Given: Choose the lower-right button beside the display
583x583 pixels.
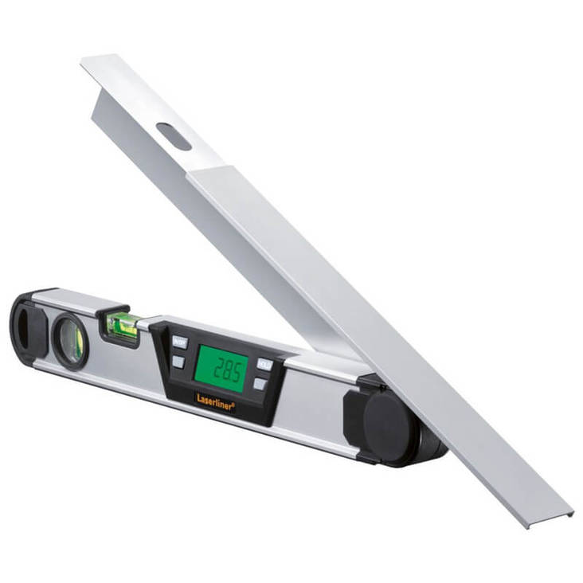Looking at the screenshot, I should pyautogui.click(x=260, y=384).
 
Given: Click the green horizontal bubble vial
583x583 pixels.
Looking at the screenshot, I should pyautogui.click(x=123, y=324).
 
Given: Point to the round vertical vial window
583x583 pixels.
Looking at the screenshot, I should pyautogui.click(x=70, y=338).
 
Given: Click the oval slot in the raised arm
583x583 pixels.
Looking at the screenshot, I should pyautogui.click(x=174, y=136).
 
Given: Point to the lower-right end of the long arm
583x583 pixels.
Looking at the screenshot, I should pyautogui.click(x=567, y=514).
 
